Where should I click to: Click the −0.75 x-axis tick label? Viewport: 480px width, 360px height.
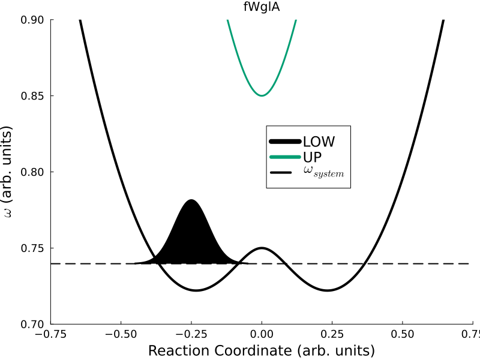(50, 334)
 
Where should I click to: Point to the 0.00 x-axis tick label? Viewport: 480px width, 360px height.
(262, 334)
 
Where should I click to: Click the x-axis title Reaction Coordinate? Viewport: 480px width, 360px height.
(262, 350)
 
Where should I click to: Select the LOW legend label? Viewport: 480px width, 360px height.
(319, 142)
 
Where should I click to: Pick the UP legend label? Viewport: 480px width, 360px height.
(313, 157)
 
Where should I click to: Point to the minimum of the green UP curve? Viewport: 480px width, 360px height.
(262, 95)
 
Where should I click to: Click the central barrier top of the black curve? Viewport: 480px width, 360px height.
(262, 248)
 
